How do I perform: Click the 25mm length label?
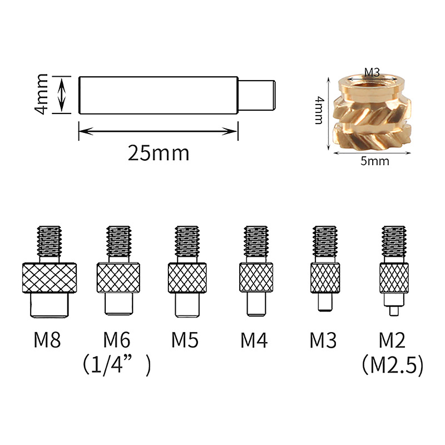click(159, 154)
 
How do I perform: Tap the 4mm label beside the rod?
click(41, 94)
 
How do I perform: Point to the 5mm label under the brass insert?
click(374, 161)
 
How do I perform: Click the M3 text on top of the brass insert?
click(372, 73)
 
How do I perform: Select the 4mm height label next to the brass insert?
click(319, 111)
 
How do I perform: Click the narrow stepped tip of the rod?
click(256, 95)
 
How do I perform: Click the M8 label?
click(47, 340)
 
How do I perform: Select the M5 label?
click(185, 340)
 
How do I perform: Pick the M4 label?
click(254, 340)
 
